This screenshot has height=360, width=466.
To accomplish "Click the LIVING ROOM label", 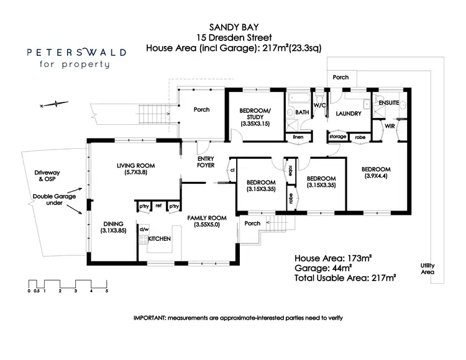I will [135, 166].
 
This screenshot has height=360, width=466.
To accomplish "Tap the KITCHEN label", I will [160, 238].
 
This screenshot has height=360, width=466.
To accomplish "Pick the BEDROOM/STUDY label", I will [255, 114].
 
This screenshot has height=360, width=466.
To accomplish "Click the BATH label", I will [302, 112].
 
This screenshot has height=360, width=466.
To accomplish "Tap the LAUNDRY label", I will [348, 114].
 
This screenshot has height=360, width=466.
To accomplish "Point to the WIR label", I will [390, 126].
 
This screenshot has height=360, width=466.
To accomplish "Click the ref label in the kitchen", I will [158, 206].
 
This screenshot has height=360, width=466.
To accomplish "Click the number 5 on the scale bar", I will [107, 290].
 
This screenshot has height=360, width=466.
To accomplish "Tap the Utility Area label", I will [427, 268].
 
